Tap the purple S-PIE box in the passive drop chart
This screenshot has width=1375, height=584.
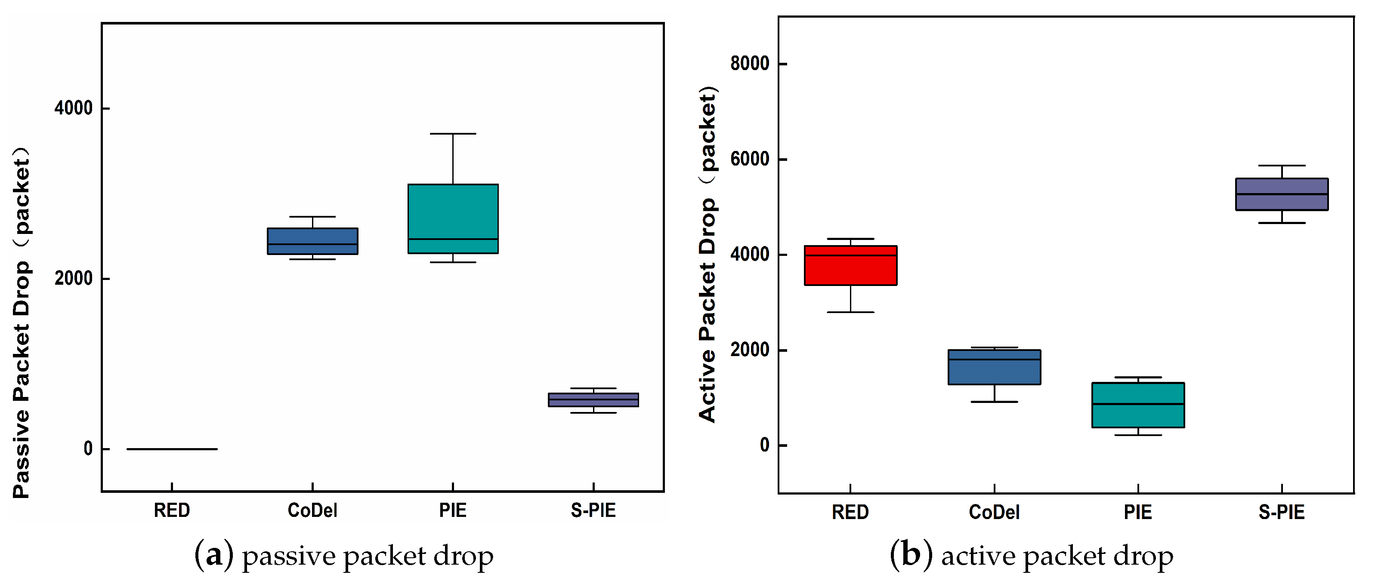pos(593,400)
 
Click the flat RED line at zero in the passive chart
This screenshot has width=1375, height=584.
pos(172,449)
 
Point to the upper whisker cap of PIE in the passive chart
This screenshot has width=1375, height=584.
pos(453,134)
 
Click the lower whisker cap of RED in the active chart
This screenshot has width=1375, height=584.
pos(850,312)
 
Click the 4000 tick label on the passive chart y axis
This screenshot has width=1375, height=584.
pos(74,108)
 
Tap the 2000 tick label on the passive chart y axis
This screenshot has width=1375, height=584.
pos(74,278)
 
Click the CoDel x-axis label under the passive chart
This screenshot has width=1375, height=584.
pos(312,510)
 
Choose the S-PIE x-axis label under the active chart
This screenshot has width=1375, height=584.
pos(1282,512)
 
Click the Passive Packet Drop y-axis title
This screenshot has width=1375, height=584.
pos(22,323)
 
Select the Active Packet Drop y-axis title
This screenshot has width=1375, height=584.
pos(707,255)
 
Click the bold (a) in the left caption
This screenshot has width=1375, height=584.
pos(213,556)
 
